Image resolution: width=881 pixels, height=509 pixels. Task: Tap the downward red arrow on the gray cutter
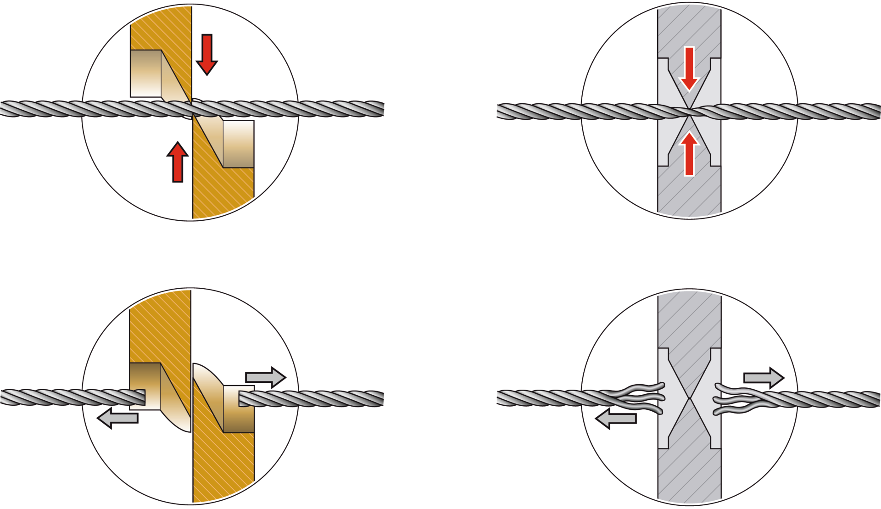(689, 69)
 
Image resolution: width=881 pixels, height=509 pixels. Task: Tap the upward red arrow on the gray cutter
(689, 153)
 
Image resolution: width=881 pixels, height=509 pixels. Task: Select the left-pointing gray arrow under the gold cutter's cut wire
(118, 418)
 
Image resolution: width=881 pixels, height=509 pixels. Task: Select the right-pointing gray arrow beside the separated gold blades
(265, 377)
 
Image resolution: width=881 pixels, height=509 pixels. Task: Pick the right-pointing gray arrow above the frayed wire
(763, 378)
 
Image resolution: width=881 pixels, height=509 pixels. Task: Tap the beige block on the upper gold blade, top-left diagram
(146, 73)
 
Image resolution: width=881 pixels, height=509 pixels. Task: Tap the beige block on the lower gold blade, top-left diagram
(239, 144)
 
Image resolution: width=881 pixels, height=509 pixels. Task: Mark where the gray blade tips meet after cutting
(689, 398)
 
